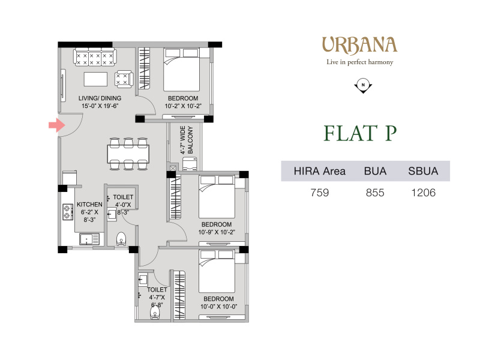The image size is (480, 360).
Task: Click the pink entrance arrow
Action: tap(57, 125)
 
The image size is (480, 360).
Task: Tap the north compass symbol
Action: tap(363, 85)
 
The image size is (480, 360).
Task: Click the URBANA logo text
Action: tap(359, 46)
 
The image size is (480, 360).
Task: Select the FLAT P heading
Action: tap(360, 133)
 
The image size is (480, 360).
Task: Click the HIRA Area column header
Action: tap(320, 171)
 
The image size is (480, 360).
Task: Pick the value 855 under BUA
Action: tap(375, 193)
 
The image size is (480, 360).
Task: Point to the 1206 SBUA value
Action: tap(423, 193)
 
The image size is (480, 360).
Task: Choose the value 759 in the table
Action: tap(320, 193)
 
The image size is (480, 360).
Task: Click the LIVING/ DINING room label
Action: tap(100, 98)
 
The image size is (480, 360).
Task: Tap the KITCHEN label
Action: tap(89, 205)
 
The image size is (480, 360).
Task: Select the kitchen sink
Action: tap(89, 239)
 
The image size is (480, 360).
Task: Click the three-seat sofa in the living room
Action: tap(95, 57)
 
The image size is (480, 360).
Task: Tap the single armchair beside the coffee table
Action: tap(124, 79)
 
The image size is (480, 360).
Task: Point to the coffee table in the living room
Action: tap(96, 79)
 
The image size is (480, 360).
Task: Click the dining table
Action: tap(128, 154)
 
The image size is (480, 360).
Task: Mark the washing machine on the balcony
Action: tap(190, 164)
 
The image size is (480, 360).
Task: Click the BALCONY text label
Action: tap(190, 140)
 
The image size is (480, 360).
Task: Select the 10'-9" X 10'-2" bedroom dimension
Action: tap(217, 232)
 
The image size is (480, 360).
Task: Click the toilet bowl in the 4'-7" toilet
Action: tap(155, 313)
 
